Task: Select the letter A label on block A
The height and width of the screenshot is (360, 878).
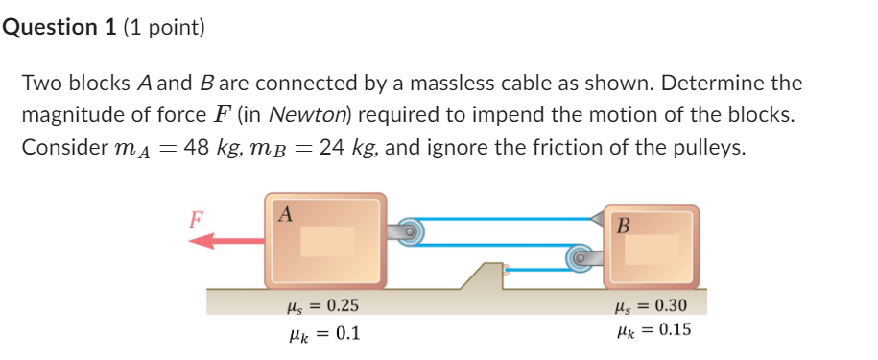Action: point(285,214)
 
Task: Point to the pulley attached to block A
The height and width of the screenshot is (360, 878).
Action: point(411,230)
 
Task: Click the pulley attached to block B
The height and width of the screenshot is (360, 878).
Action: point(580,257)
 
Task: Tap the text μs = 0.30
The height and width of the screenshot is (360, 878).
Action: point(649,306)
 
